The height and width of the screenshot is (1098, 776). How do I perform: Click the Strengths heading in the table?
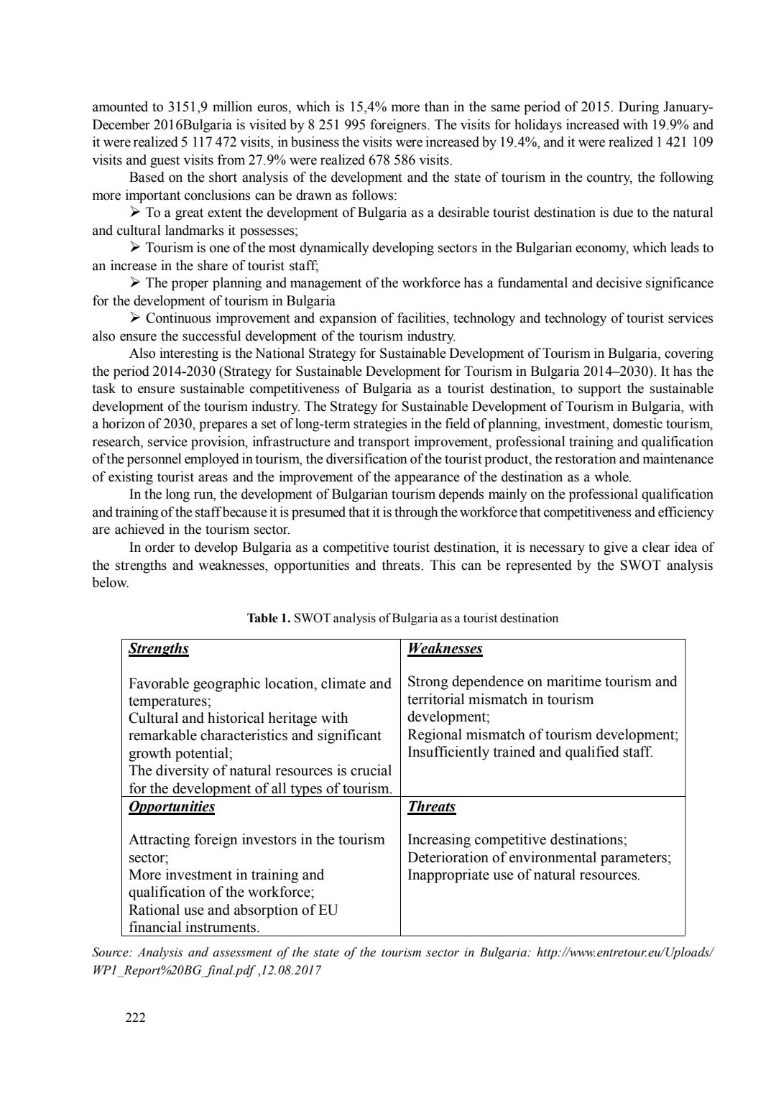coord(158,649)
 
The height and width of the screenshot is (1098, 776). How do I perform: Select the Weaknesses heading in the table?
coord(444,649)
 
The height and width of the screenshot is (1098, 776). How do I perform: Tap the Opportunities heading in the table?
coord(171,806)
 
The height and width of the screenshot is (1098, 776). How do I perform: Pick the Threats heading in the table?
coord(431,806)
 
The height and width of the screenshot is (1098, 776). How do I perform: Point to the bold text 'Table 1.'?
coord(269,618)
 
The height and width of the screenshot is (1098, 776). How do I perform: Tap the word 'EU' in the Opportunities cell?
coord(328,910)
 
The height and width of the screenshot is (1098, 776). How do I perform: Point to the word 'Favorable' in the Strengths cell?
coord(157,683)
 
